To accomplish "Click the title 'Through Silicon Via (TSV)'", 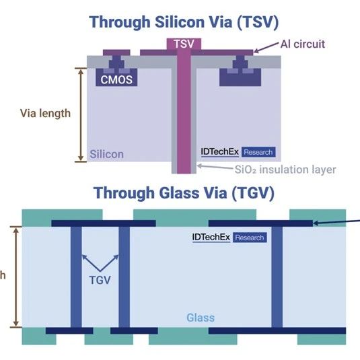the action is coord(184,22).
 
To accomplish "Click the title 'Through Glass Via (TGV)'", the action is coord(184,193).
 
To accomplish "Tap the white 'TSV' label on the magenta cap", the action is coord(184,44).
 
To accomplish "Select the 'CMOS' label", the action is coord(116,80).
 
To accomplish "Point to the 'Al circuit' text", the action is coord(303,44).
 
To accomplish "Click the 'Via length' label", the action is coord(45,114).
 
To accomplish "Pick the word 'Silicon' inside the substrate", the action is coord(106,154).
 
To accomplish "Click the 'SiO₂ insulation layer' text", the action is coord(285,170).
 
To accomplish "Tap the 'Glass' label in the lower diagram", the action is coord(201,318).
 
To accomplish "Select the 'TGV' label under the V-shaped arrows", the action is coord(100,280).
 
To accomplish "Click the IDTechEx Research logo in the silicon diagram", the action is coord(238,152).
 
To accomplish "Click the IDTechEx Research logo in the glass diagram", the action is coord(229,238).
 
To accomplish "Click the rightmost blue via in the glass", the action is coord(277,277).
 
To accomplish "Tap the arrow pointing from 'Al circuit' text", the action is coord(266,48).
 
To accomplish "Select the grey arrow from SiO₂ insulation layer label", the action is coord(215,167).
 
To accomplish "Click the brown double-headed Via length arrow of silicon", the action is coord(81,115).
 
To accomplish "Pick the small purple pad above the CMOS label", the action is coord(116,52).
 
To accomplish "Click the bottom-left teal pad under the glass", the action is coord(39,336).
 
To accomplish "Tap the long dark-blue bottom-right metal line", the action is coord(277,330).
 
